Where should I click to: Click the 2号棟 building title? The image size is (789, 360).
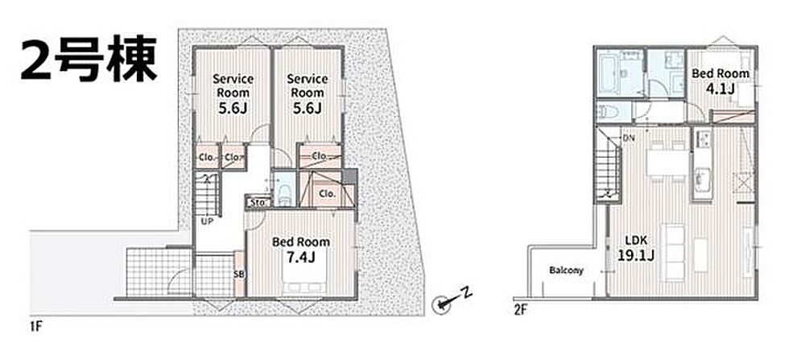coord(89,58)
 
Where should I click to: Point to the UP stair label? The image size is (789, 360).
coord(207,221)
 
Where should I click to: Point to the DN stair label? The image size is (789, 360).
coord(629,138)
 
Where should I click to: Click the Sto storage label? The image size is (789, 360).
coord(258,202)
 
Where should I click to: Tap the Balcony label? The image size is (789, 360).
coord(566,271)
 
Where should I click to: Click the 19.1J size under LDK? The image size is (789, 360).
coord(635,255)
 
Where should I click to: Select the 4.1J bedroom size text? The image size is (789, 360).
coord(720,89)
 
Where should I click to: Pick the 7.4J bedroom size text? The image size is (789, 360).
coord(300,257)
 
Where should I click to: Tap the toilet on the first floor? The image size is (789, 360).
coord(283,194)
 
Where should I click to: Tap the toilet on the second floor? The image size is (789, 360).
coord(606,112)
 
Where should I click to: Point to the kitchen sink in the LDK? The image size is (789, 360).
coord(702,178)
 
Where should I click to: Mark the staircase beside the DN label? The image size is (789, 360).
coord(608,167)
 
